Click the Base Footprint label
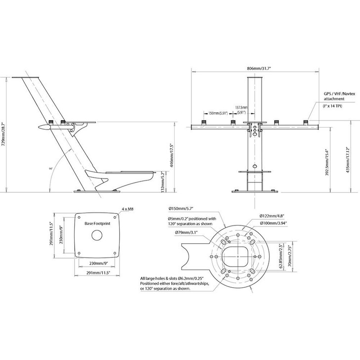point(97,224)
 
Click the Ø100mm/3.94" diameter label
point(275,223)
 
